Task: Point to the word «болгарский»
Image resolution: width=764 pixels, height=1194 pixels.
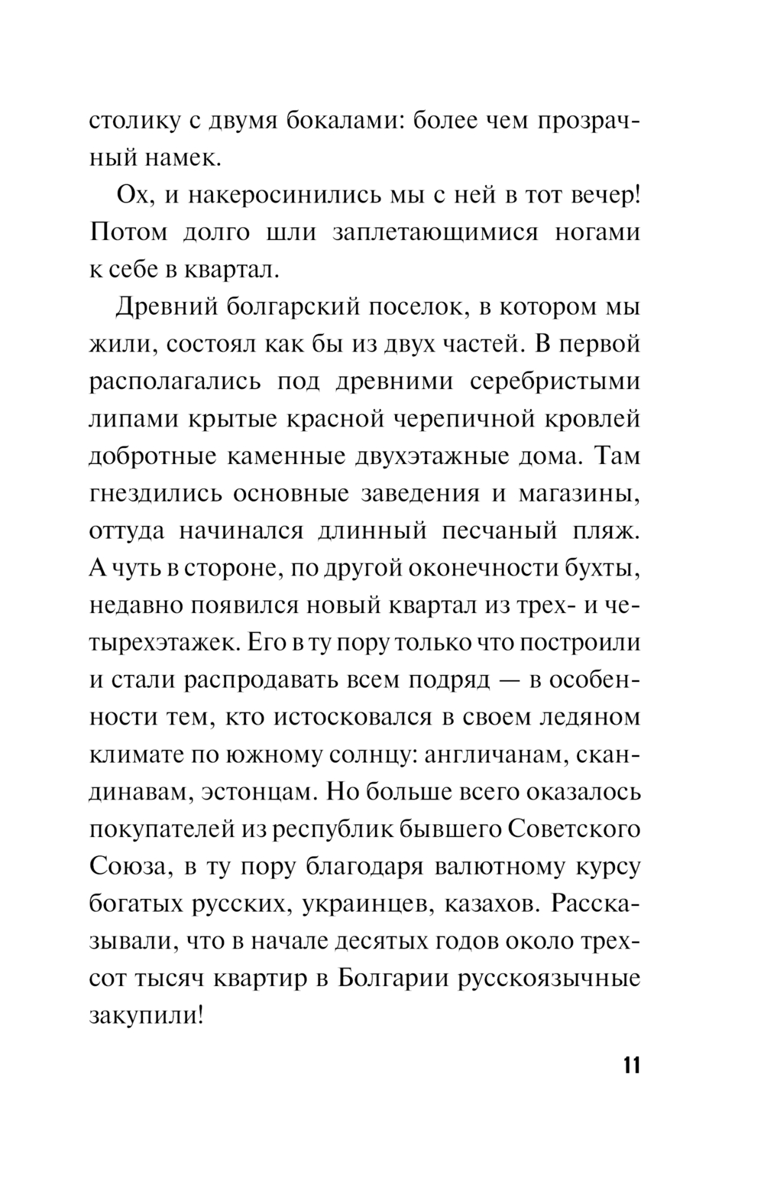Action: click(x=285, y=307)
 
